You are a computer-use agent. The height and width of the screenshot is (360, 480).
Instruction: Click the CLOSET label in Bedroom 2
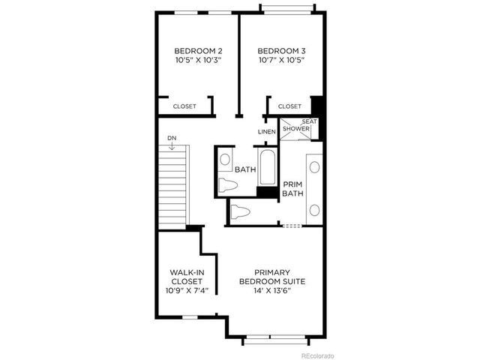coord(184,106)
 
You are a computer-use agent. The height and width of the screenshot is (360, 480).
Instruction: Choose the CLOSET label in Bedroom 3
coord(289,106)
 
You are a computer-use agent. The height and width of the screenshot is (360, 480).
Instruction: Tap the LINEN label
coord(267,132)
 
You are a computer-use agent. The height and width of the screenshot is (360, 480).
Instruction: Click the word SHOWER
coord(296,129)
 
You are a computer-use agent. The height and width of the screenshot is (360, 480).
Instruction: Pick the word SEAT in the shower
coord(308,121)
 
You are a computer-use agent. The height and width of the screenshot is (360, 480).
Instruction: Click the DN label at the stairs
coord(172,138)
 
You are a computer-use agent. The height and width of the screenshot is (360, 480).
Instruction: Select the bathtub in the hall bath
coord(268,166)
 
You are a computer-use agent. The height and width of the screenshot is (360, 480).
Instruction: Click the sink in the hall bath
coord(225,159)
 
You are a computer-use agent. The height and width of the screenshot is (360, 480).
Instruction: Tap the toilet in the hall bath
coord(227,184)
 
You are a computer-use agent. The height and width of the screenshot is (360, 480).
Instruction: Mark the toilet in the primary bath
coord(240,211)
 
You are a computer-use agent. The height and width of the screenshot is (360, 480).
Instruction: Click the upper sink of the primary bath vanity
coord(314,167)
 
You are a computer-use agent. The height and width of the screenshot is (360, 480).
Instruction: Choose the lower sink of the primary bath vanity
coord(314,209)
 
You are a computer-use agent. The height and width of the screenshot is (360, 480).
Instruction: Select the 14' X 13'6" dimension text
coord(272,290)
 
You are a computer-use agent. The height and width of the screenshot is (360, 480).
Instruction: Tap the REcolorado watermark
coord(317,355)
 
